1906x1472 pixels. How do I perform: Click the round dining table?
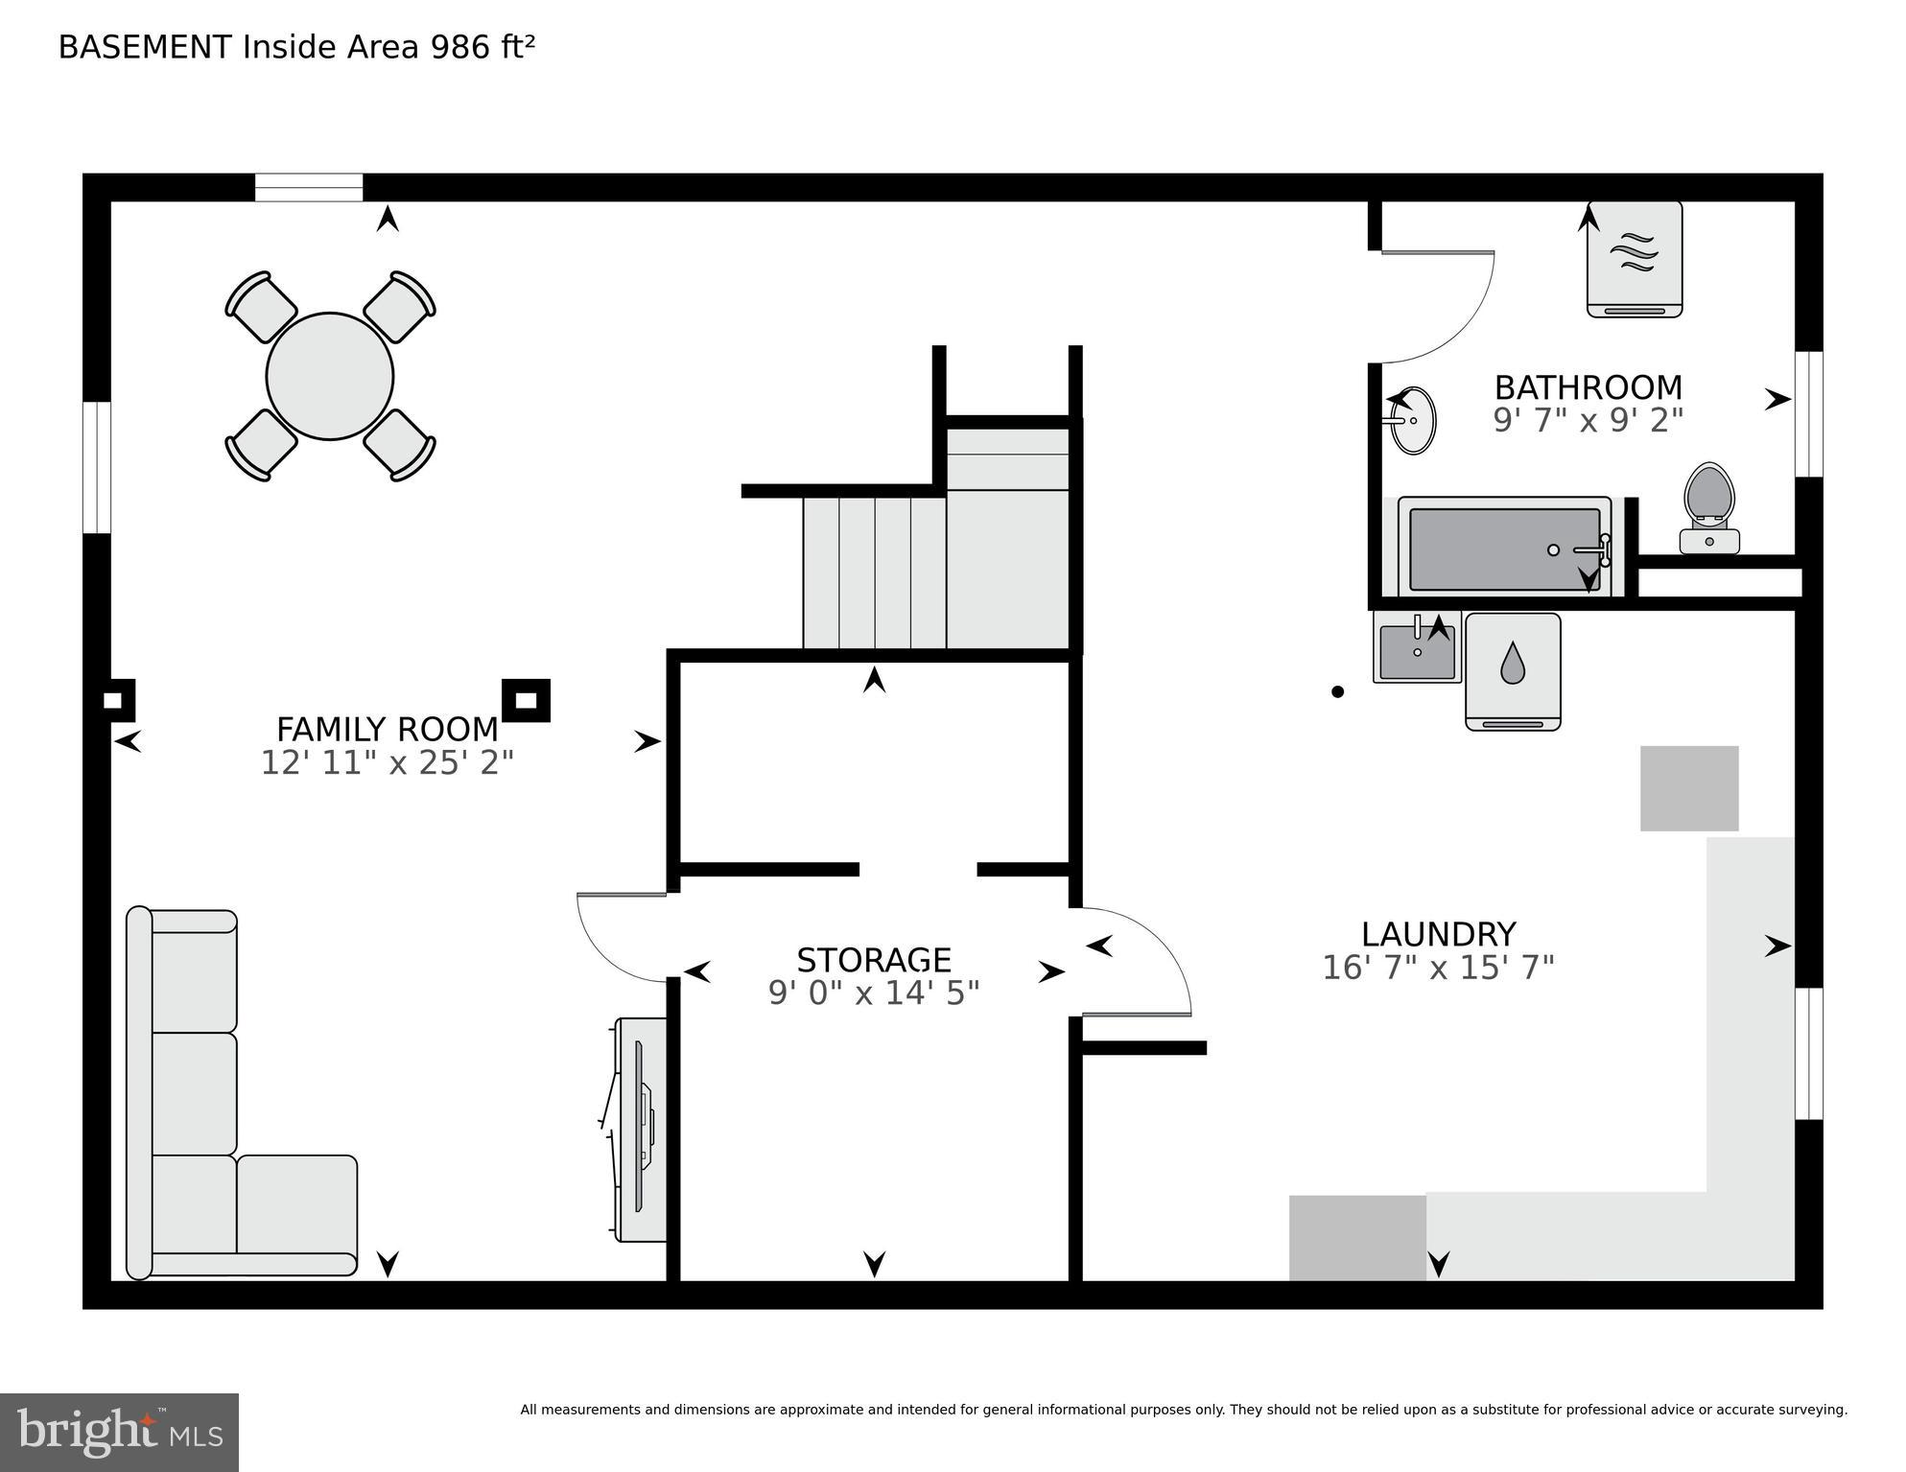click(330, 376)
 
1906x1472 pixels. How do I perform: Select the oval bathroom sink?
click(1413, 420)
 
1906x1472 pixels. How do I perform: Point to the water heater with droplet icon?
click(1513, 671)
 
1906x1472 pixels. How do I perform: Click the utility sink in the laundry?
click(1417, 651)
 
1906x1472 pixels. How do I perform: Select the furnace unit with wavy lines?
click(1634, 259)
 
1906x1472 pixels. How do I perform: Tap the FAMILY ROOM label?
click(388, 730)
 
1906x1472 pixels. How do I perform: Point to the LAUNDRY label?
click(1438, 934)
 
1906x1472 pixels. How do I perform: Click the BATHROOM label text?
click(1588, 387)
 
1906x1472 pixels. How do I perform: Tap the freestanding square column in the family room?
click(526, 701)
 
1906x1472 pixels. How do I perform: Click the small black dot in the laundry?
click(1337, 691)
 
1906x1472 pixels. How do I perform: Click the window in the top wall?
click(309, 187)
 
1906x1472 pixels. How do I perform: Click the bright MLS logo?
click(119, 1433)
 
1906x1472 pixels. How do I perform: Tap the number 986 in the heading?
click(460, 47)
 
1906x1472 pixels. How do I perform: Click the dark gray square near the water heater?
click(1688, 788)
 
